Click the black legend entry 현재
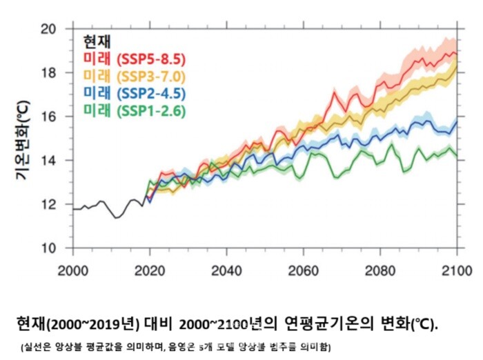96,41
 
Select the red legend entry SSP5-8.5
134,59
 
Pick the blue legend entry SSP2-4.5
134,92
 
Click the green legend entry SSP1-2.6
134,110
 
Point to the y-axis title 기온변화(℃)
22,141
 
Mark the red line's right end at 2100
457,52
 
